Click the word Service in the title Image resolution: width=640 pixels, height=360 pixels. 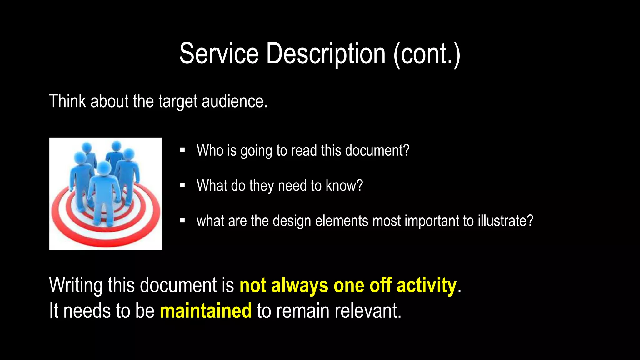pyautogui.click(x=219, y=54)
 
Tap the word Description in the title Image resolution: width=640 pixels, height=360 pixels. pyautogui.click(x=326, y=54)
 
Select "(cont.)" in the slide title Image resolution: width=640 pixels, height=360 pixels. pyautogui.click(x=427, y=54)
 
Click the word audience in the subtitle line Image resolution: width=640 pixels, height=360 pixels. pyautogui.click(x=234, y=101)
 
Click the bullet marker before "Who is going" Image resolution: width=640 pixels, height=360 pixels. pyautogui.click(x=182, y=150)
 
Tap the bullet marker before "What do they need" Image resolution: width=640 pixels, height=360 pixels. pyautogui.click(x=182, y=186)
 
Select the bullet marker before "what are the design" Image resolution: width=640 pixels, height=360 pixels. pyautogui.click(x=182, y=221)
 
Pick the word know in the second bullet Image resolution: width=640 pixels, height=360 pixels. pyautogui.click(x=344, y=186)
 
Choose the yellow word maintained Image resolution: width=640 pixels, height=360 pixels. pyautogui.click(x=206, y=311)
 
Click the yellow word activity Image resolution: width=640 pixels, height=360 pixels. pyautogui.click(x=427, y=286)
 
